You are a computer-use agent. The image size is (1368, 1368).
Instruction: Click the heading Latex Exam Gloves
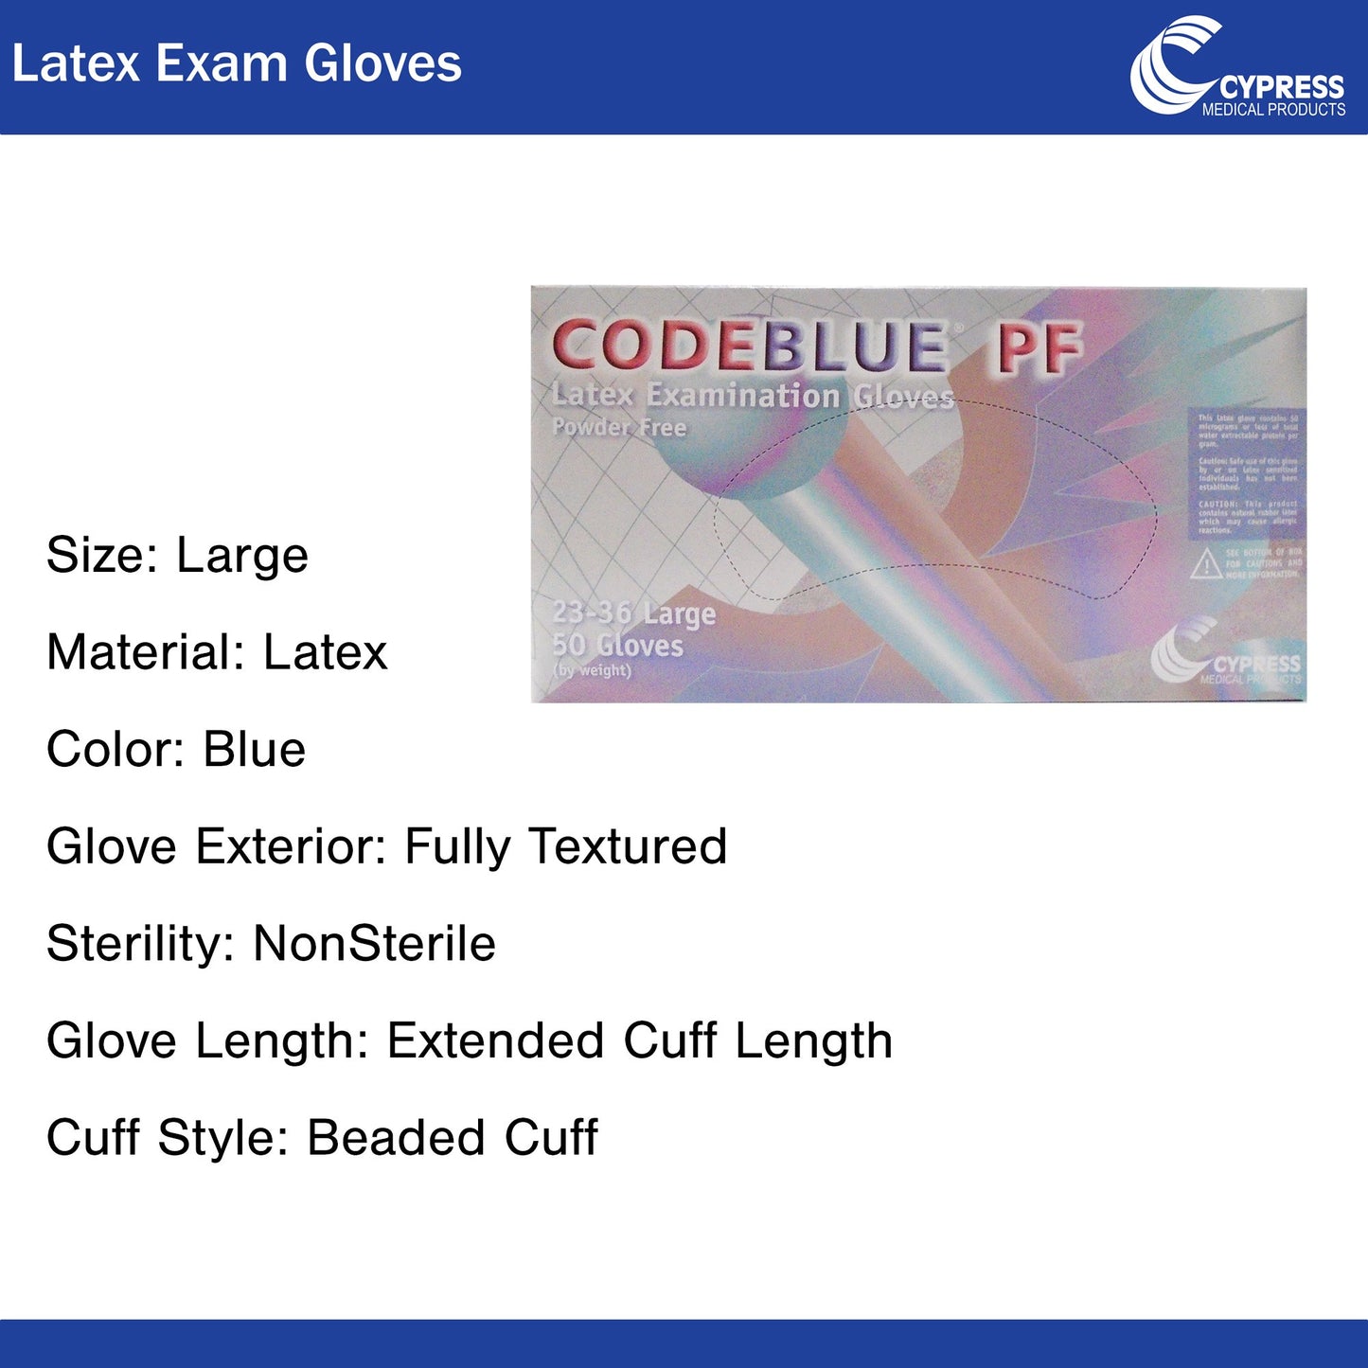coord(237,64)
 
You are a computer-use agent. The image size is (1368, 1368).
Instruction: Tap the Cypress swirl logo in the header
coord(1174,64)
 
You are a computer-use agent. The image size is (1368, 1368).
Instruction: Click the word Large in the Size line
coord(242,556)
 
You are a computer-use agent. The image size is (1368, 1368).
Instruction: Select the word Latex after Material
coord(326,653)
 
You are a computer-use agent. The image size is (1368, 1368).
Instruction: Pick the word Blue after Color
coord(255,750)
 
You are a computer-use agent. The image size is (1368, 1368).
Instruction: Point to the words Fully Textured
coord(565,847)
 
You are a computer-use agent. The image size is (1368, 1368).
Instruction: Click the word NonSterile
coord(375,944)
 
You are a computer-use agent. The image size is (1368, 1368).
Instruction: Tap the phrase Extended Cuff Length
coord(640,1041)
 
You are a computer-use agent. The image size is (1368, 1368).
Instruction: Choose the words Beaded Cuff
coord(453,1138)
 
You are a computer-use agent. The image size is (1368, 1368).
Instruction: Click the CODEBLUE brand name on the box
coord(749,346)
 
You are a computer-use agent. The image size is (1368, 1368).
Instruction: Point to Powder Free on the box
coord(619,427)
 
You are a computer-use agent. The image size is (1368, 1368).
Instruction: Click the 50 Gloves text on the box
coord(617,646)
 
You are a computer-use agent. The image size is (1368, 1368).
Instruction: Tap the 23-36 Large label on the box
coord(633,613)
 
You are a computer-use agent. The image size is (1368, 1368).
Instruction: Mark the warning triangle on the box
coord(1205,565)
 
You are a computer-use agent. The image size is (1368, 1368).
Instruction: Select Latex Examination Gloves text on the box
coord(753,396)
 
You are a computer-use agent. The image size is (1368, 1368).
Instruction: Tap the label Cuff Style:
coord(167,1138)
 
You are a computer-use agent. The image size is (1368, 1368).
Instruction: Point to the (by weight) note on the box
coord(592,670)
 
